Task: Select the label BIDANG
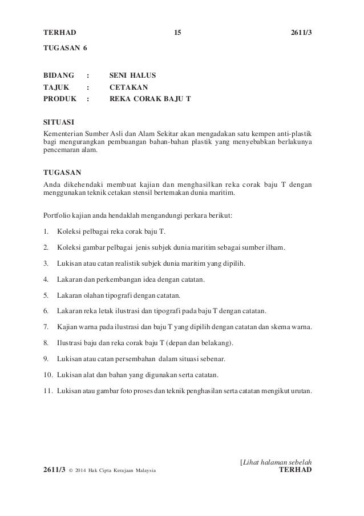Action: click(59, 75)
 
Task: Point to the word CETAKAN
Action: click(128, 87)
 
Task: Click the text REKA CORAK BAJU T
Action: click(150, 98)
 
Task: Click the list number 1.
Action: click(46, 232)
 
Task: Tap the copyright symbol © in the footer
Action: click(70, 470)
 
